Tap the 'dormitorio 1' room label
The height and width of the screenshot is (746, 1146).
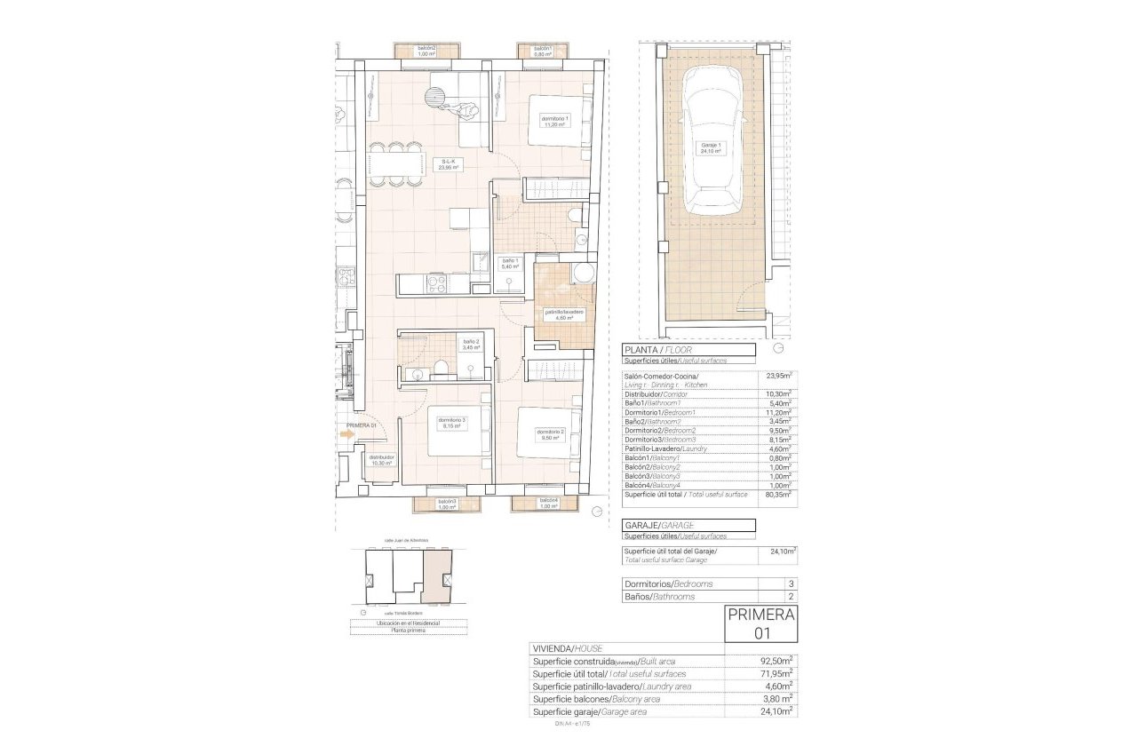554,122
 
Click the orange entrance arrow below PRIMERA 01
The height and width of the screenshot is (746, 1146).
346,434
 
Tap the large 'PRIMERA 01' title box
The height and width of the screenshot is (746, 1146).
761,623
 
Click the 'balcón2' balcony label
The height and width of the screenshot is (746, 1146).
427,51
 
